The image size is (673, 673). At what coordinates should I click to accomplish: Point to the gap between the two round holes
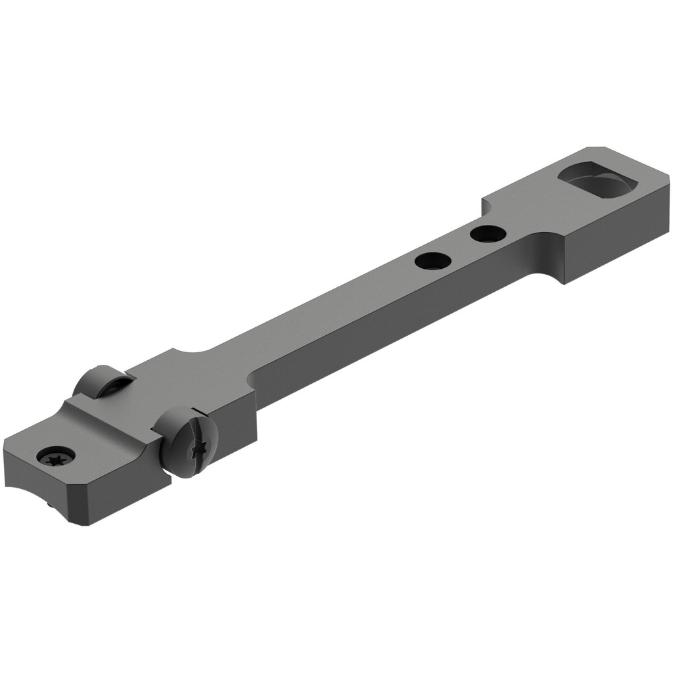(x=459, y=246)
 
